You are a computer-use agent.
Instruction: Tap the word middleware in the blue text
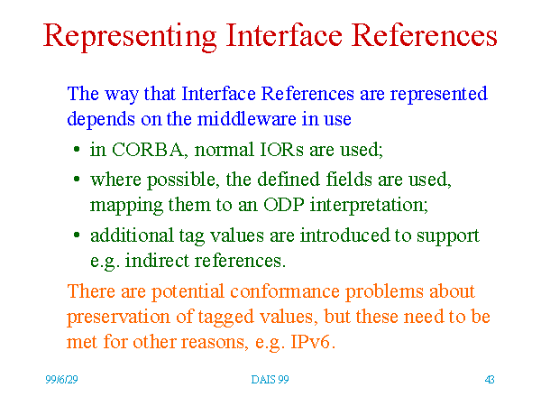246,119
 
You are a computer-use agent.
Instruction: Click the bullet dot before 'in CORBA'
77,150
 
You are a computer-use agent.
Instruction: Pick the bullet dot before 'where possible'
77,180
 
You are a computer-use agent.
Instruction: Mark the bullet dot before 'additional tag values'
77,235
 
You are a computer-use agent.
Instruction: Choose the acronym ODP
284,205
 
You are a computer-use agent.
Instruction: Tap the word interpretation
369,206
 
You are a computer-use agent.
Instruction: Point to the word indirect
157,261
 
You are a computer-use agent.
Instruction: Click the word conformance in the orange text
285,291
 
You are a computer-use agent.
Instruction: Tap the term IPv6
312,342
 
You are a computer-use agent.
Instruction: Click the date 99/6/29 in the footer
61,380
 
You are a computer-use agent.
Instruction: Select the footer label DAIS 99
270,380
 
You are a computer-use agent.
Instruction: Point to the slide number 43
490,380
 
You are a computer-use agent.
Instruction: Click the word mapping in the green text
126,206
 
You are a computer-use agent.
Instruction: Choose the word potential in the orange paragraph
188,291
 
